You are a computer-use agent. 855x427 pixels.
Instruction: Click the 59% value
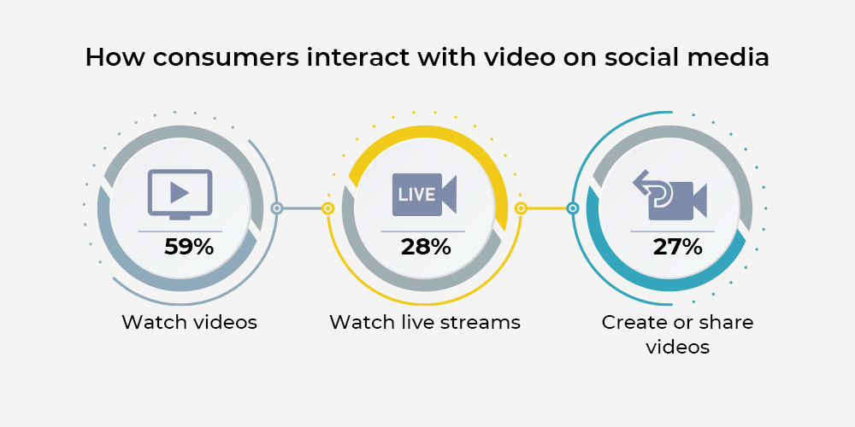pos(189,248)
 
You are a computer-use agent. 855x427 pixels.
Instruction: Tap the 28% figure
pos(426,248)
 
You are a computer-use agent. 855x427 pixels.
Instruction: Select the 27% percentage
pos(678,248)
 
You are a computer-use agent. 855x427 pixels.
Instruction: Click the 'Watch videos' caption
pos(189,322)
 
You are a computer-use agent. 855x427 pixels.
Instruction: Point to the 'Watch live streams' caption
pos(425,322)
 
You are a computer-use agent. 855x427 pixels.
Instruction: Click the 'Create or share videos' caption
pos(678,335)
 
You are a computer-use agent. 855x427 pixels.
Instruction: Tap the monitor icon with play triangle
pos(180,195)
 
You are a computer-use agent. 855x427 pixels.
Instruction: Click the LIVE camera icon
pos(424,195)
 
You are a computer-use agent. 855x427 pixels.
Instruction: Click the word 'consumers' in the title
pos(226,58)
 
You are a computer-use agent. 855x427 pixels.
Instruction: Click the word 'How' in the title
pos(115,58)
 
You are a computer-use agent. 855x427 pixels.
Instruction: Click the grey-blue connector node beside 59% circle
pos(277,208)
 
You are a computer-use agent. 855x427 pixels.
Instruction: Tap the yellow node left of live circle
pos(327,208)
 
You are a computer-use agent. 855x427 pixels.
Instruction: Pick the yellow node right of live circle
pos(521,208)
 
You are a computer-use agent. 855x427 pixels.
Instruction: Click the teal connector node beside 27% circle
pos(573,208)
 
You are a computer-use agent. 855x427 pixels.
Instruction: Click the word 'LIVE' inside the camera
pos(416,195)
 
